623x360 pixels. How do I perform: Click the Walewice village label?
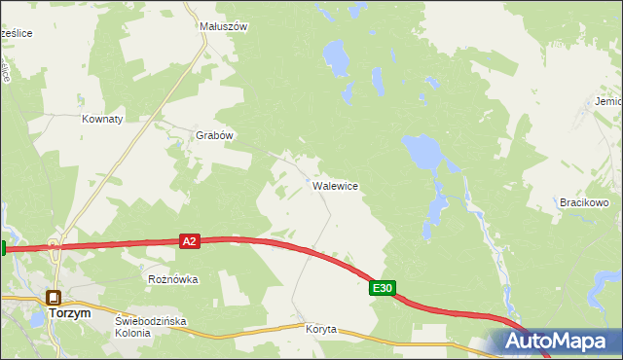click(336, 186)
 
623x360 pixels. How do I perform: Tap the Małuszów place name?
click(223, 27)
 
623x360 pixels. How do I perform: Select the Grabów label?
click(215, 136)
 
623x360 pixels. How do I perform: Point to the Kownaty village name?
click(102, 119)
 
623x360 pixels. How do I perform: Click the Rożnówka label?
click(173, 279)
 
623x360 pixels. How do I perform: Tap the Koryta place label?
click(320, 330)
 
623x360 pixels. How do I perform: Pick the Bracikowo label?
click(584, 203)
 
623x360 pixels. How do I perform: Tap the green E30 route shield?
click(383, 288)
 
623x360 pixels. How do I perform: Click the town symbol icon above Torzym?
click(54, 298)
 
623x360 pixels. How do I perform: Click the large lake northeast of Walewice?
click(422, 150)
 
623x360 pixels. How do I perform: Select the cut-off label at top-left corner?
click(17, 33)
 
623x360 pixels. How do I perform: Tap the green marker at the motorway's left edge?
click(3, 248)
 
